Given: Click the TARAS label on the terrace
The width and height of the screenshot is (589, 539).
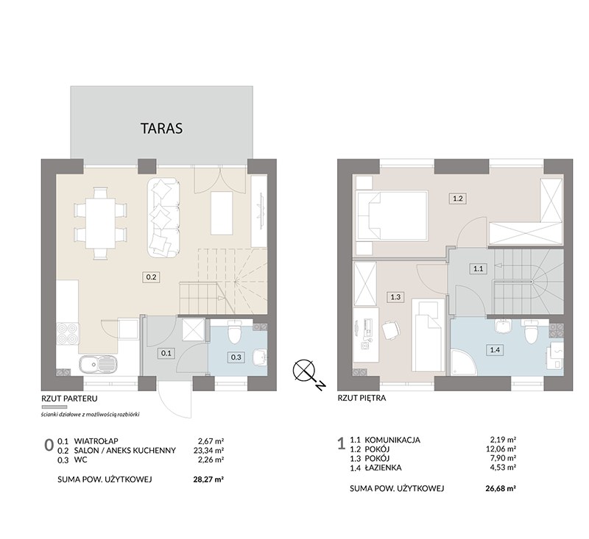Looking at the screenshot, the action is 161,128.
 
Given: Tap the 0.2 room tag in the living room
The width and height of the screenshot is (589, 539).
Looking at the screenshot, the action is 151,277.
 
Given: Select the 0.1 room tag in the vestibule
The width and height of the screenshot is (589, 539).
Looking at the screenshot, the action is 166,353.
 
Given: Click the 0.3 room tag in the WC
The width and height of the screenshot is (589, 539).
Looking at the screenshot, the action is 236,357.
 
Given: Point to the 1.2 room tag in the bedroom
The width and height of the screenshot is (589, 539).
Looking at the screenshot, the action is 457,199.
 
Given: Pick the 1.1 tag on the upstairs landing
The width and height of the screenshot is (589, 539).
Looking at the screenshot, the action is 478,268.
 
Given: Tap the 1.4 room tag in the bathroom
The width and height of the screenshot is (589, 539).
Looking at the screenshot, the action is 495,350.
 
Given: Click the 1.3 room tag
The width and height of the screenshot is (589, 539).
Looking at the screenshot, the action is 395,297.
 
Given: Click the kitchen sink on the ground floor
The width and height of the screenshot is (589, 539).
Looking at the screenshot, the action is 99,364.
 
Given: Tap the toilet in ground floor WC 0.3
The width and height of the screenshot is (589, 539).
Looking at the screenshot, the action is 235,332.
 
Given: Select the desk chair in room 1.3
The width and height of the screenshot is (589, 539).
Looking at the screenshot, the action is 391,330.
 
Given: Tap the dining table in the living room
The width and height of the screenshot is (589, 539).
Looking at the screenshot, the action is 101,224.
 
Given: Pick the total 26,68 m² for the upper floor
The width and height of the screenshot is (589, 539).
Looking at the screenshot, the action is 500,488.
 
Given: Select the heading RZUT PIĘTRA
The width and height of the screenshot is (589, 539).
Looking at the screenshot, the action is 361,399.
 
